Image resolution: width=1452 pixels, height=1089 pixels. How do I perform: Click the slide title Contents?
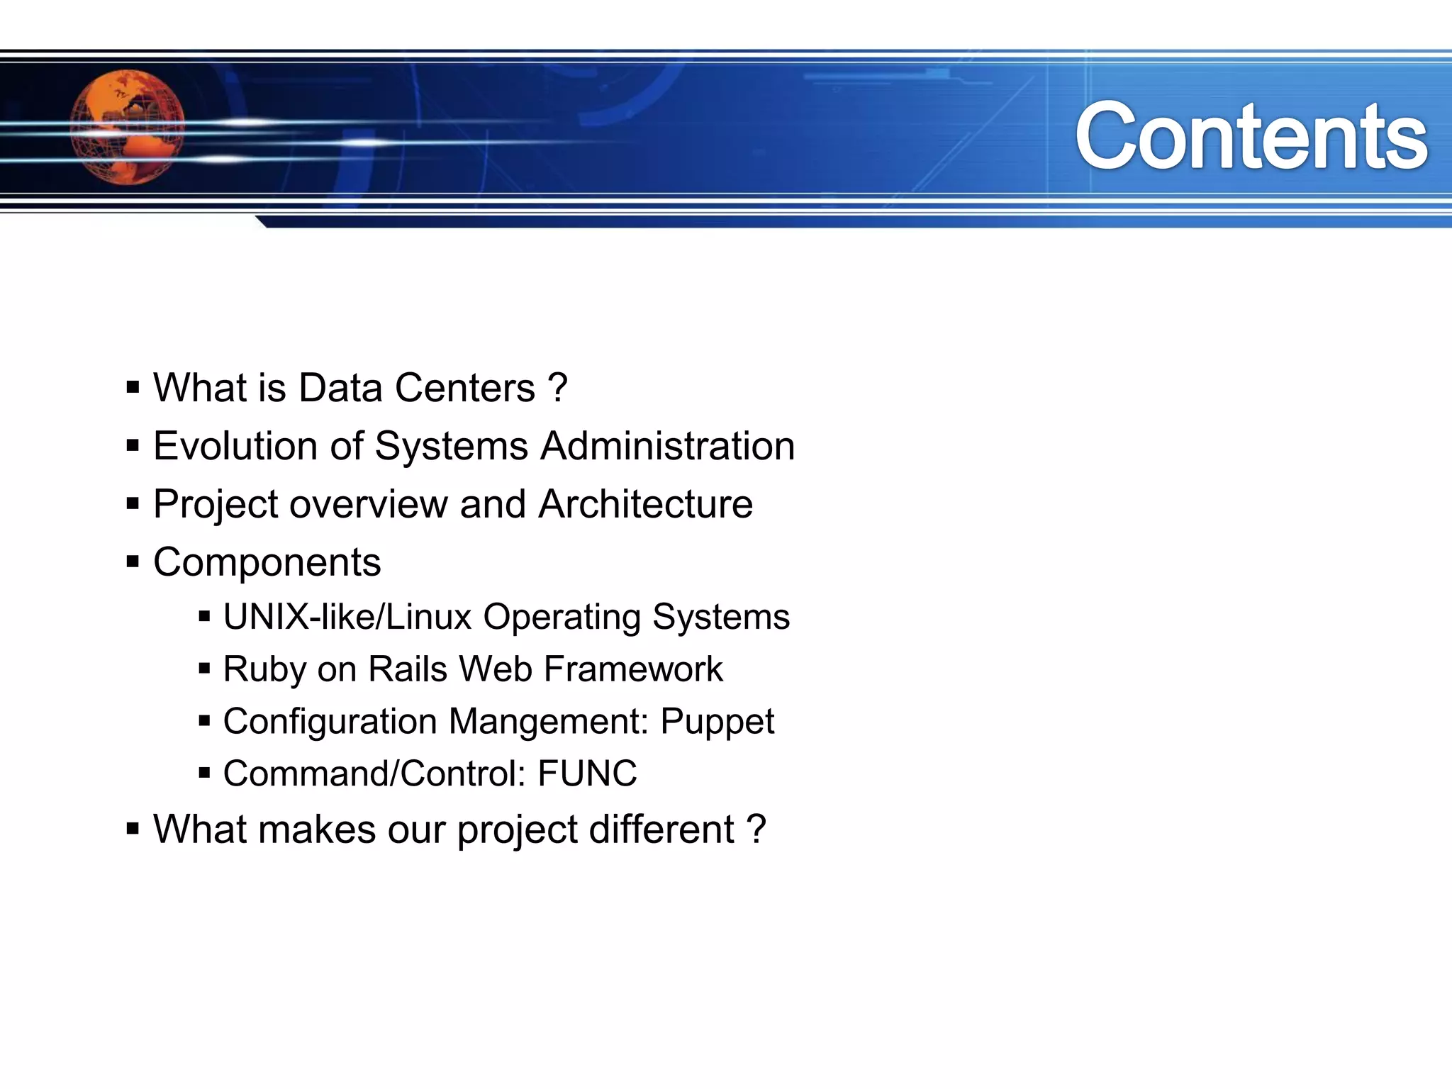1251,136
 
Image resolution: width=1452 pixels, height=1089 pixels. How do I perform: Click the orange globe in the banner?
128,128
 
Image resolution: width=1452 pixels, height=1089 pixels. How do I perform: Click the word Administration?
667,446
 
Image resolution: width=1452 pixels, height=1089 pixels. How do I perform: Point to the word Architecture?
645,504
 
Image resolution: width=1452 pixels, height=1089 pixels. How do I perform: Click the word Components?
267,562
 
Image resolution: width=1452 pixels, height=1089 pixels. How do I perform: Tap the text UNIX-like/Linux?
347,617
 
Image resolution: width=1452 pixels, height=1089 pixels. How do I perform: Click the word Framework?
633,669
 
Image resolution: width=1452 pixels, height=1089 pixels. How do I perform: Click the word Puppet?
717,722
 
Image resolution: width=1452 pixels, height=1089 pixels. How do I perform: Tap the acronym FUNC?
587,774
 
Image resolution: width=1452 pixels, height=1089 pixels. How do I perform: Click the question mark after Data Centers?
558,388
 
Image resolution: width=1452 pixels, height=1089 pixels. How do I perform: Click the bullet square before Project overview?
133,504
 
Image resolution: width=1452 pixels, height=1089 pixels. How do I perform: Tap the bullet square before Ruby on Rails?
205,669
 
